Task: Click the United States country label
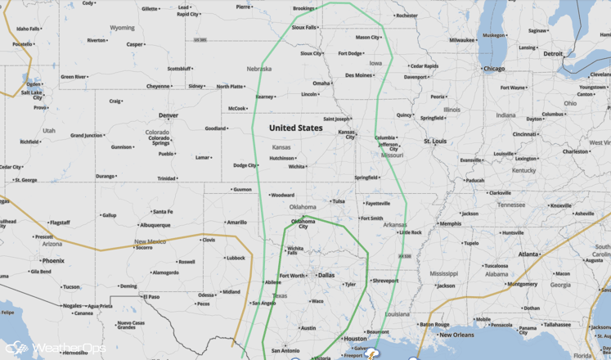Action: tap(295, 128)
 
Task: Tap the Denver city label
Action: tap(168, 115)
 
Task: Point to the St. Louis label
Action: tap(435, 142)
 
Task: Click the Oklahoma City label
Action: tap(303, 223)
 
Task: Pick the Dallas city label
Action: tap(326, 276)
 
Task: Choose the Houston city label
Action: tap(355, 339)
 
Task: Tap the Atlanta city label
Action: tap(528, 254)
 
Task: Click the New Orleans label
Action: tap(456, 335)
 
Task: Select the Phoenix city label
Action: tap(52, 261)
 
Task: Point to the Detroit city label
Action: tap(553, 54)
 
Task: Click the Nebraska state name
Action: tap(258, 69)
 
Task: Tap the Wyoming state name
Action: tap(122, 28)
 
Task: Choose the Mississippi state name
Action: tap(444, 273)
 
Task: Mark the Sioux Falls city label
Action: tap(304, 27)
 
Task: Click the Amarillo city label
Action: tap(236, 222)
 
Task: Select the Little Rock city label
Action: tap(411, 232)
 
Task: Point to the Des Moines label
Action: tap(358, 75)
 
